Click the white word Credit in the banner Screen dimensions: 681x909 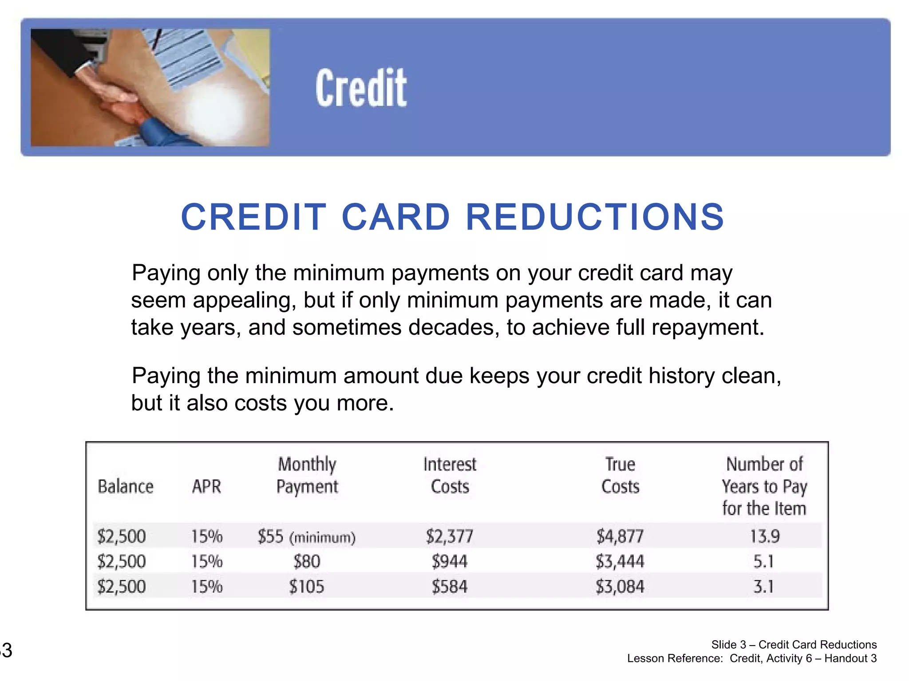click(x=361, y=88)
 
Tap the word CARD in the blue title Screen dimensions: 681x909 click(x=395, y=217)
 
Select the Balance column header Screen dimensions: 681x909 click(x=126, y=486)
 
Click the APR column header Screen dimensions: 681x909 click(x=206, y=486)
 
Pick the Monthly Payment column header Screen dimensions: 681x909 click(x=307, y=475)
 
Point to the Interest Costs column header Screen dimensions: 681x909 click(x=450, y=475)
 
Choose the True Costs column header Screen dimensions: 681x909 click(x=620, y=475)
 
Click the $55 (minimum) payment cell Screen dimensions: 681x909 click(x=307, y=536)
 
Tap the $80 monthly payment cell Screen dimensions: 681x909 click(x=307, y=562)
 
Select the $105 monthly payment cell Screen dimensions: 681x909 click(x=307, y=587)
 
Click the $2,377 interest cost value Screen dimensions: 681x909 click(x=450, y=536)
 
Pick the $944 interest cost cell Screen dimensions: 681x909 click(x=450, y=562)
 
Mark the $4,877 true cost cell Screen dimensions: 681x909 click(x=620, y=536)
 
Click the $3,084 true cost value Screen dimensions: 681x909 click(x=620, y=587)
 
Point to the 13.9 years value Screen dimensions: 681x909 click(x=764, y=536)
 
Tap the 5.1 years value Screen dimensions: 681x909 click(x=763, y=562)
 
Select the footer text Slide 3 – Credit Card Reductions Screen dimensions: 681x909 click(x=794, y=645)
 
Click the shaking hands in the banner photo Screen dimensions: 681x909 click(x=118, y=101)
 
